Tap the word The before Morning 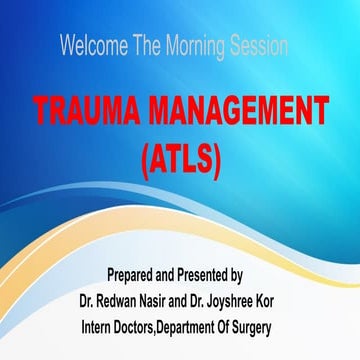152,46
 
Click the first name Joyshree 262,300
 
